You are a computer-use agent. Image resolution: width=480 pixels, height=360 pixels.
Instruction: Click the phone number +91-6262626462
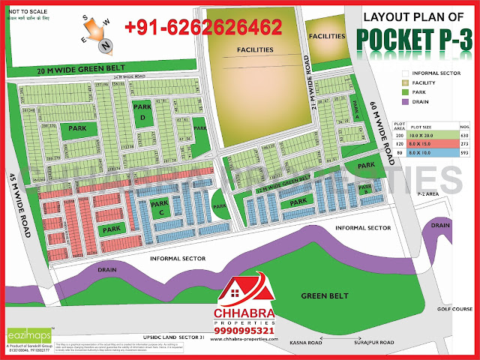[202, 28]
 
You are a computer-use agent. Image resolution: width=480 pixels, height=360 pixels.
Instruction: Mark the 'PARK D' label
[139, 112]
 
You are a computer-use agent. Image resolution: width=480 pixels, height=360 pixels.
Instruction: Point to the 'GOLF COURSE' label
[460, 307]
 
